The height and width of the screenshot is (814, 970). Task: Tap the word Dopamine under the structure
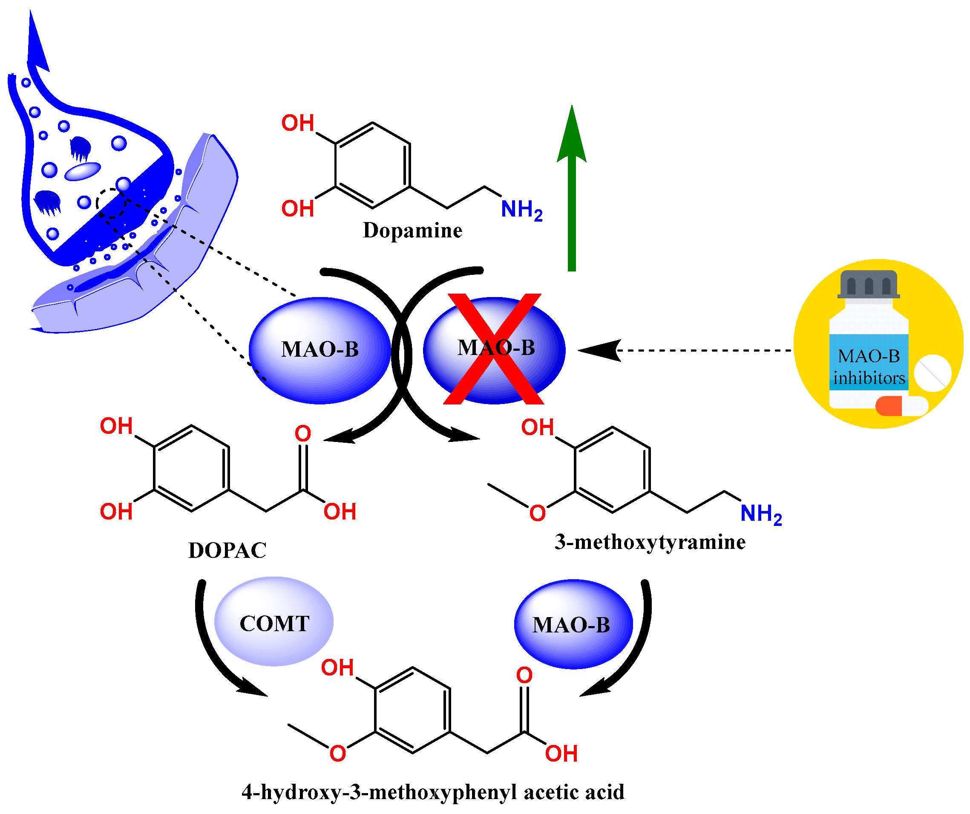[x=412, y=231]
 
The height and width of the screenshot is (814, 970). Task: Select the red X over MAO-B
[x=494, y=349]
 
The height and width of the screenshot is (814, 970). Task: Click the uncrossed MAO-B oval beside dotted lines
[x=319, y=350]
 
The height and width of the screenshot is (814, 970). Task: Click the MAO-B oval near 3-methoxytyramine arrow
[x=573, y=625]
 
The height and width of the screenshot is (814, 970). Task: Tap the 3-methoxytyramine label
[x=650, y=542]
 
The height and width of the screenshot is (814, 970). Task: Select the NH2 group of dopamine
[x=521, y=210]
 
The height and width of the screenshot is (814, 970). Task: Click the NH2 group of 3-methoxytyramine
[x=760, y=514]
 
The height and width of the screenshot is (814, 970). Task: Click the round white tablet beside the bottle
[x=932, y=373]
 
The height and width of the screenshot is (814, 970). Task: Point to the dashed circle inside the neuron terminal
[x=111, y=203]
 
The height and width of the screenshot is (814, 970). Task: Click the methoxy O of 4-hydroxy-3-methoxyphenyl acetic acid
[x=338, y=754]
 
